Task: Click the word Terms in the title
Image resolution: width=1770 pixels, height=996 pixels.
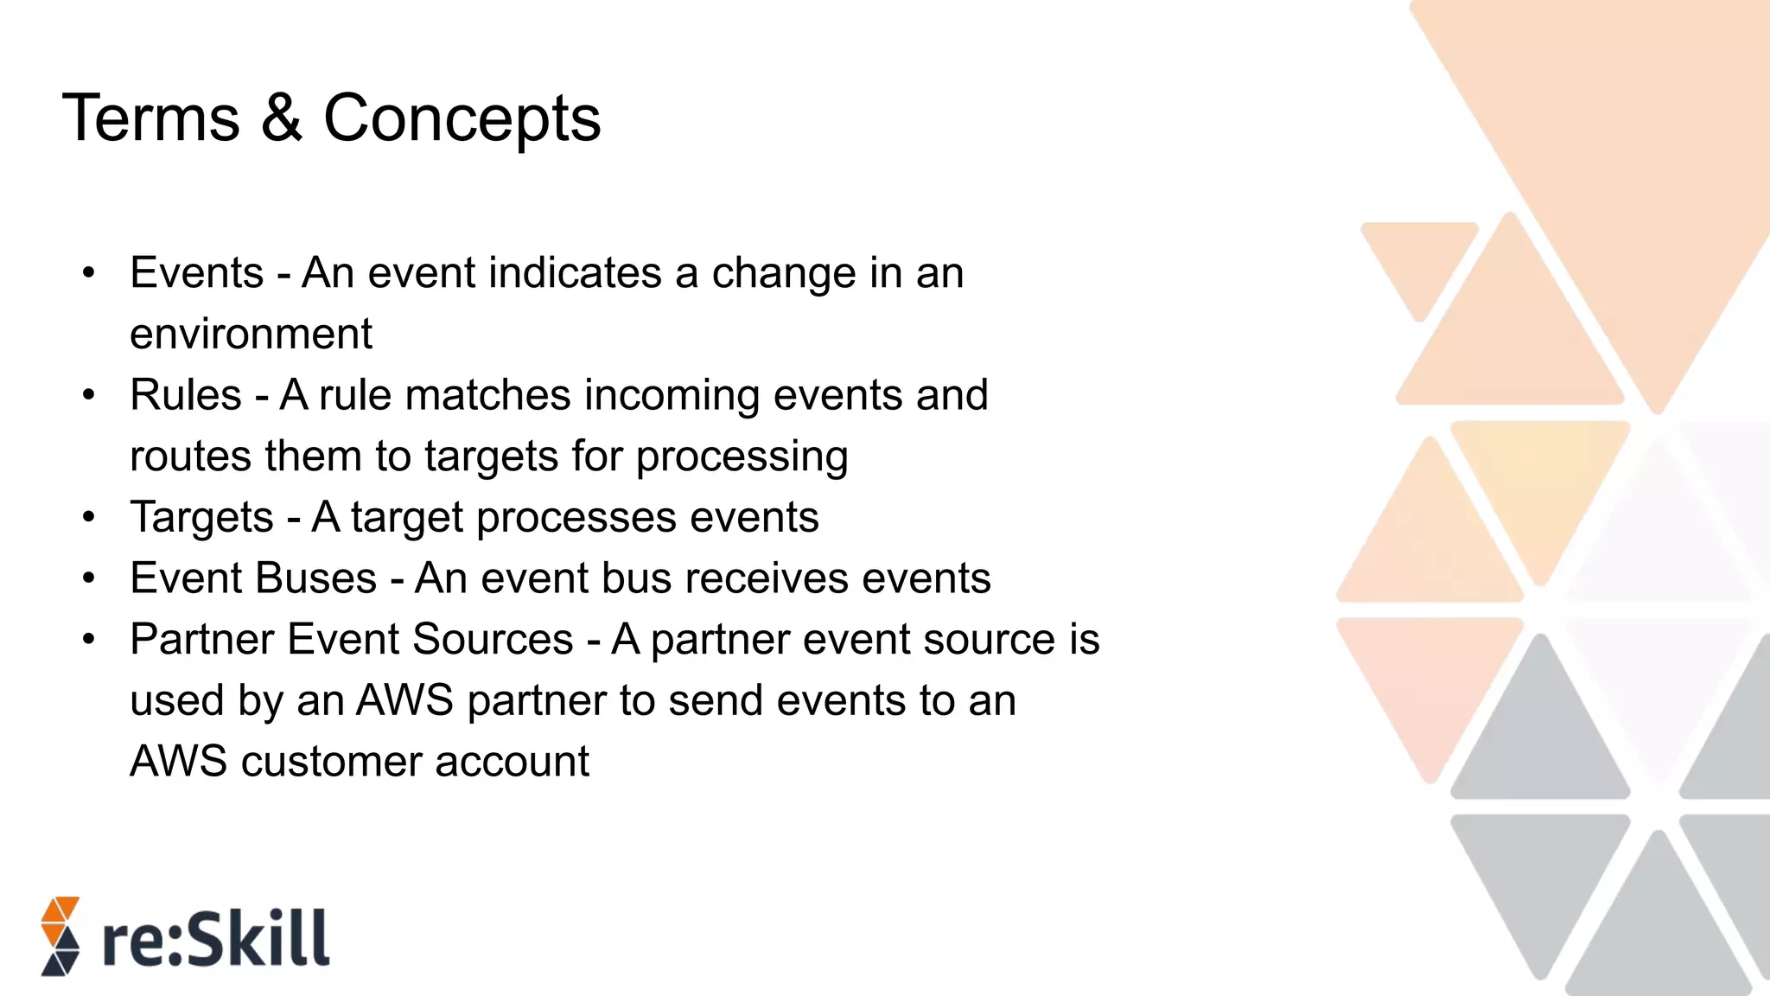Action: pyautogui.click(x=151, y=118)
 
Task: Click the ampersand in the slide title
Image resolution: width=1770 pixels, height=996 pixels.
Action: pyautogui.click(x=282, y=118)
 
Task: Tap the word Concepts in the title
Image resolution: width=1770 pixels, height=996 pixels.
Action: pyautogui.click(x=462, y=118)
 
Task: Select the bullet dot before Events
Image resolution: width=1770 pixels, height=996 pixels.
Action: pyautogui.click(x=89, y=274)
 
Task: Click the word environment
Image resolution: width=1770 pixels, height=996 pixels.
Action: pyautogui.click(x=251, y=334)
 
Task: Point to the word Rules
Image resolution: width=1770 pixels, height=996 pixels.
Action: pyautogui.click(x=186, y=395)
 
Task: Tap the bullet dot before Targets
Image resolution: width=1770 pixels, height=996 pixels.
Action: pyautogui.click(x=89, y=518)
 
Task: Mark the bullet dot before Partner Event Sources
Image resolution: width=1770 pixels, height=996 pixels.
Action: pyautogui.click(x=89, y=641)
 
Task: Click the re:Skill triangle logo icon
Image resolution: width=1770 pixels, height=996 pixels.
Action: pyautogui.click(x=60, y=936)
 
